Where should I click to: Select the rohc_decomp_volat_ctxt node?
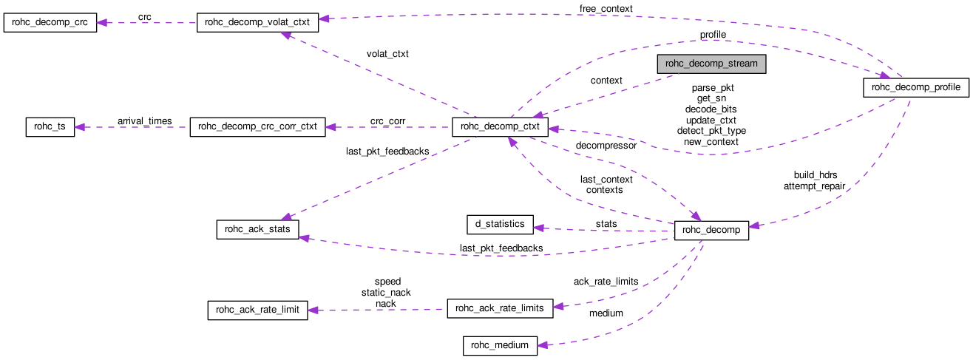click(x=257, y=22)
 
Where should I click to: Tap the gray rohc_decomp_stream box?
click(x=711, y=64)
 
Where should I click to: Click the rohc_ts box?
click(x=50, y=126)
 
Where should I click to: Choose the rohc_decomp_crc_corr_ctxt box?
click(x=258, y=126)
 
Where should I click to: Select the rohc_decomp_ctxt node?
click(x=500, y=127)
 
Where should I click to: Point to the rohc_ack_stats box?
click(x=257, y=229)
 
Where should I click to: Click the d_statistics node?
click(x=500, y=223)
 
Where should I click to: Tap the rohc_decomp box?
click(x=711, y=230)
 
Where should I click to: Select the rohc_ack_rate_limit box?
click(x=257, y=310)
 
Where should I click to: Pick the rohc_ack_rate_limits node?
click(x=500, y=308)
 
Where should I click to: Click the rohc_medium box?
click(x=500, y=345)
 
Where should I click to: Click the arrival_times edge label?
click(x=144, y=120)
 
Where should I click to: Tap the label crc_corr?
click(x=387, y=120)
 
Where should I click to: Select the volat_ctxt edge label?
click(x=387, y=54)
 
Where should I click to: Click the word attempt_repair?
click(x=814, y=186)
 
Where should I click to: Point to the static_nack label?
click(x=386, y=293)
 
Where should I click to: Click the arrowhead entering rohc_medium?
click(x=543, y=344)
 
